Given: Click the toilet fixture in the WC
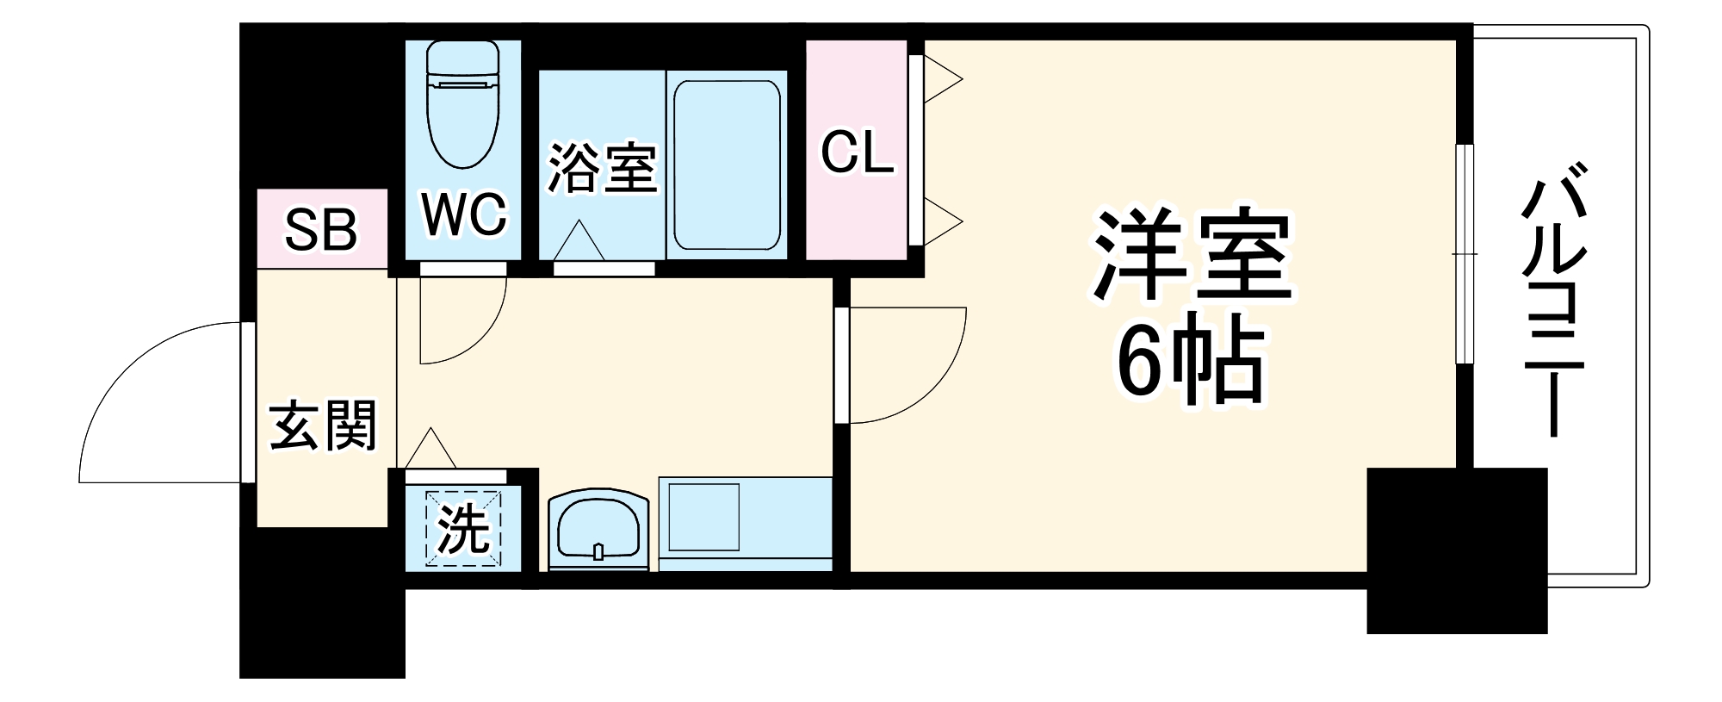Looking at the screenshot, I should coord(463,108).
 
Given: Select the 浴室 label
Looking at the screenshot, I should coord(603,168).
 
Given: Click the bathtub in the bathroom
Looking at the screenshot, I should coord(727,165).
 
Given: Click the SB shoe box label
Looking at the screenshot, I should coord(321,230).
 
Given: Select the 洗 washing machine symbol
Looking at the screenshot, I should coord(464,529).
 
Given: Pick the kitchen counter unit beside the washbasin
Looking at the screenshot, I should coord(745,524).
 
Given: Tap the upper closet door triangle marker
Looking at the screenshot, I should coord(943,79).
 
